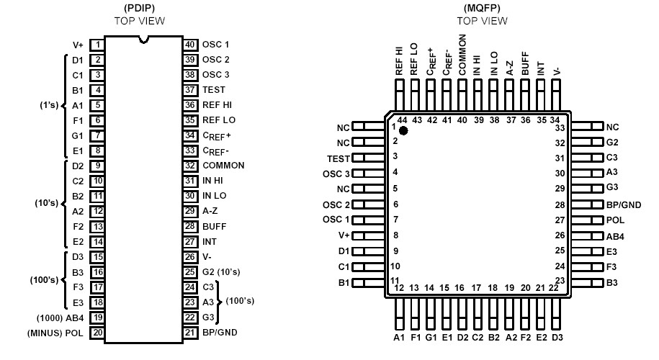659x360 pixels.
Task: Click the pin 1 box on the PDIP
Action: (97, 45)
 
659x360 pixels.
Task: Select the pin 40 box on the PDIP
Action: (190, 45)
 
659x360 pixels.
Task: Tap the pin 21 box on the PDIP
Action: (190, 332)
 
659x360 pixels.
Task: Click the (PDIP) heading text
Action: (139, 9)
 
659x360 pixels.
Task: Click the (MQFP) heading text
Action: (482, 9)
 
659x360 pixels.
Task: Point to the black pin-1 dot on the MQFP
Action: (404, 130)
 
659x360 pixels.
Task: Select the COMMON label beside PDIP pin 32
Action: (223, 166)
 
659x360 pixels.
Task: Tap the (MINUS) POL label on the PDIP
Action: (56, 332)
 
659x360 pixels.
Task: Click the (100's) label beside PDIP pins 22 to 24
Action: (241, 301)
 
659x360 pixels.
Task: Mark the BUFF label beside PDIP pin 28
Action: (214, 226)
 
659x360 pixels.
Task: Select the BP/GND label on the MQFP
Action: (624, 204)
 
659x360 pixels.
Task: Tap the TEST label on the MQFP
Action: (339, 157)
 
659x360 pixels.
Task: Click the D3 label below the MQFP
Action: (557, 337)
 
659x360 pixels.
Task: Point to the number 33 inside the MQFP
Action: (560, 127)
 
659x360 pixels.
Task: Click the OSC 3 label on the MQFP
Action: (336, 174)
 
